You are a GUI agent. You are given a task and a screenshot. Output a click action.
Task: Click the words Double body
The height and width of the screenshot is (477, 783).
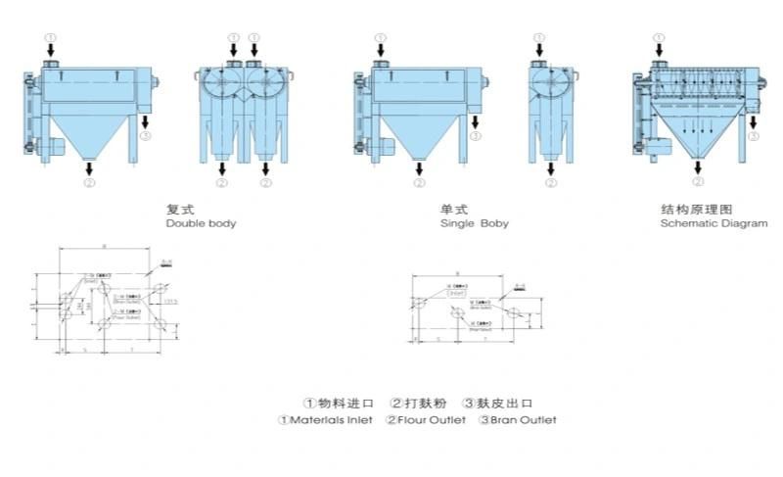(x=201, y=223)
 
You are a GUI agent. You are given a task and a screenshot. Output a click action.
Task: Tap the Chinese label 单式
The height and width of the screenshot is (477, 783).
(x=452, y=210)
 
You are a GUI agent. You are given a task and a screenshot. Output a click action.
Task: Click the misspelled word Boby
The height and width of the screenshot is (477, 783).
(x=495, y=223)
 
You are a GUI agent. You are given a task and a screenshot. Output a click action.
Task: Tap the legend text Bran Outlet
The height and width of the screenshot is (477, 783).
(x=524, y=420)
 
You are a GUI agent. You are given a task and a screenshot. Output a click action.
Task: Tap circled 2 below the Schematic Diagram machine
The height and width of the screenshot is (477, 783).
(x=698, y=182)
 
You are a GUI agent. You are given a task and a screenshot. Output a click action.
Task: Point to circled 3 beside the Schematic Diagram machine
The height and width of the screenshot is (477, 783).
(x=753, y=137)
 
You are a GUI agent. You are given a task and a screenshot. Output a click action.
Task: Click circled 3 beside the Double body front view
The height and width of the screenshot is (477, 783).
(x=146, y=137)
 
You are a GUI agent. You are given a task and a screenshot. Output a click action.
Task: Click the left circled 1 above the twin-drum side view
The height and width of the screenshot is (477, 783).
(x=233, y=37)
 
